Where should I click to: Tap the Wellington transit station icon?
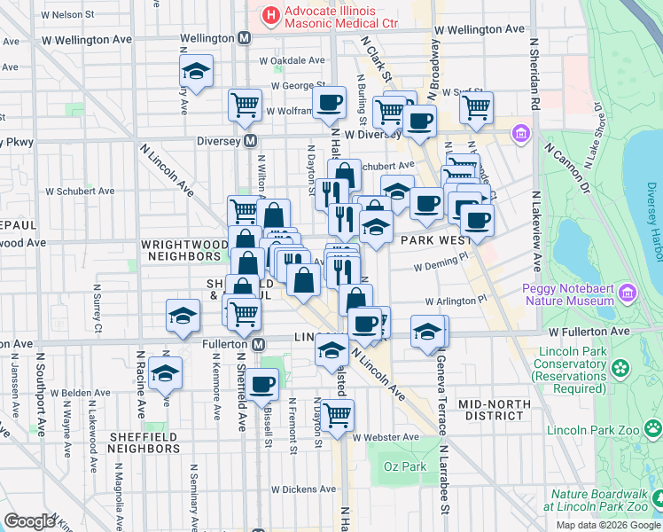click(x=246, y=39)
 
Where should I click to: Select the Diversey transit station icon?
click(x=251, y=141)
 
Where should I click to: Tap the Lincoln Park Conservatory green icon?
click(x=619, y=366)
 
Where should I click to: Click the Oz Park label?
click(x=403, y=466)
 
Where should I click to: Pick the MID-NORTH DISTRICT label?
click(x=495, y=410)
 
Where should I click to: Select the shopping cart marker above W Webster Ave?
click(x=337, y=414)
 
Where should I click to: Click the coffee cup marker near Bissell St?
click(x=261, y=384)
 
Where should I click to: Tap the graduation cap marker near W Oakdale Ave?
click(x=196, y=70)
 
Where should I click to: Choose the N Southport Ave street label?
click(x=41, y=399)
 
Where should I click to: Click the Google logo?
click(x=29, y=521)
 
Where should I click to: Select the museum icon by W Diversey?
click(x=520, y=135)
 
